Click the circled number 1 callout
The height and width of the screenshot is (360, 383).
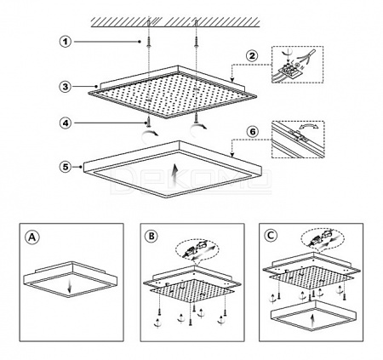(66, 42)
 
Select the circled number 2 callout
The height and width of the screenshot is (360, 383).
(252, 55)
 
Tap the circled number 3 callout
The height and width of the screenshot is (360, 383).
(66, 86)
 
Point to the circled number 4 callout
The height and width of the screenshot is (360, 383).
(66, 123)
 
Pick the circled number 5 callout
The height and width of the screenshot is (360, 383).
(66, 167)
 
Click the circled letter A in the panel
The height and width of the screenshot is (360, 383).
(32, 237)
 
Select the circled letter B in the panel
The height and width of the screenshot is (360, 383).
(151, 237)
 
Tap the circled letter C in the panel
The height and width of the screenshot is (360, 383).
(271, 235)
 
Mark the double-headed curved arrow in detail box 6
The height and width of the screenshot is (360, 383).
(308, 127)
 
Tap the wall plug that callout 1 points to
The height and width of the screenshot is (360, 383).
(149, 42)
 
